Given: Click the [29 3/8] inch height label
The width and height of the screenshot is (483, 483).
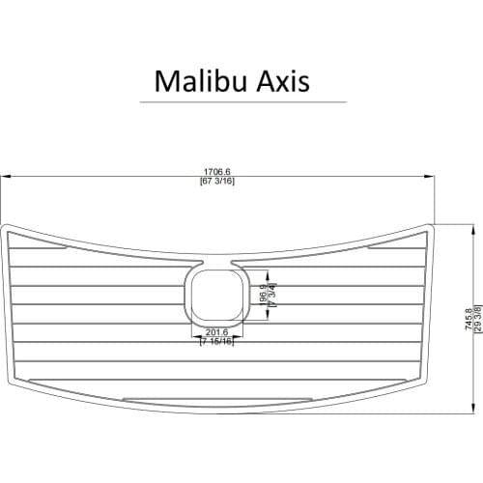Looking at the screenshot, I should (x=476, y=319).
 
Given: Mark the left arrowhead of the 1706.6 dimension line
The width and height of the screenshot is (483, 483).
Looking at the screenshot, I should (x=4, y=177).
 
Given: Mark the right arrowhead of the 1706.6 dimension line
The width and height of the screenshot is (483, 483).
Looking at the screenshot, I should (x=431, y=177).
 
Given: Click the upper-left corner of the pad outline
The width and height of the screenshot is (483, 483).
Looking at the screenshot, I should (x=7, y=228).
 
